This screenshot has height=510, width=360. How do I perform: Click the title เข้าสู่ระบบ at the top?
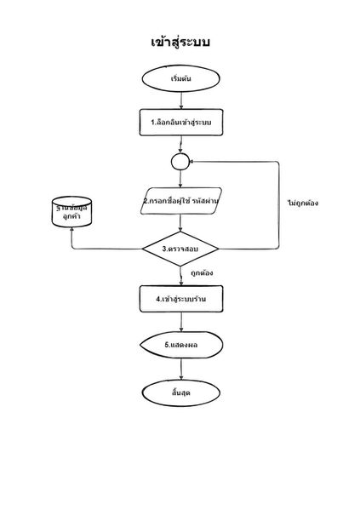coord(180,42)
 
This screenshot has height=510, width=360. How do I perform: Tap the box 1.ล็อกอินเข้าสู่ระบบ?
coord(180,123)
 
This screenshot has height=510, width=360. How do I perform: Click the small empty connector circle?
coord(180,161)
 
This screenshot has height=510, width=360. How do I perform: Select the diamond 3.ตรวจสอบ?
coord(180,249)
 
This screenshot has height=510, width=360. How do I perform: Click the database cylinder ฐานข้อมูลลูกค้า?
coord(71,213)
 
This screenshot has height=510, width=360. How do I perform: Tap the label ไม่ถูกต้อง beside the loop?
coord(303,203)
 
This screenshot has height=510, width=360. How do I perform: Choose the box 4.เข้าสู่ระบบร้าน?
coord(180,300)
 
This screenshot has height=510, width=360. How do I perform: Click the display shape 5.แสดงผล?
coord(180,345)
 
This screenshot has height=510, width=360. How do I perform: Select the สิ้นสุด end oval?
coord(180,392)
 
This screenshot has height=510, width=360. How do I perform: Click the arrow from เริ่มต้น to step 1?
coord(180,100)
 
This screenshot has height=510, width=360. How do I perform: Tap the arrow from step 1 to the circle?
coord(180,145)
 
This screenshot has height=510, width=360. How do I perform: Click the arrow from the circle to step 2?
coord(180,178)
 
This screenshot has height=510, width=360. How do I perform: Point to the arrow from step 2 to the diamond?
coord(180,222)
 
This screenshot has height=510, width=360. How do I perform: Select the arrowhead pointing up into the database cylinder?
coord(71,236)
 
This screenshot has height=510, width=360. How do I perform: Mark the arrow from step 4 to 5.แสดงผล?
coord(180,323)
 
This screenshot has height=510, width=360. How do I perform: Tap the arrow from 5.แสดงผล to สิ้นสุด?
coord(180,368)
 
